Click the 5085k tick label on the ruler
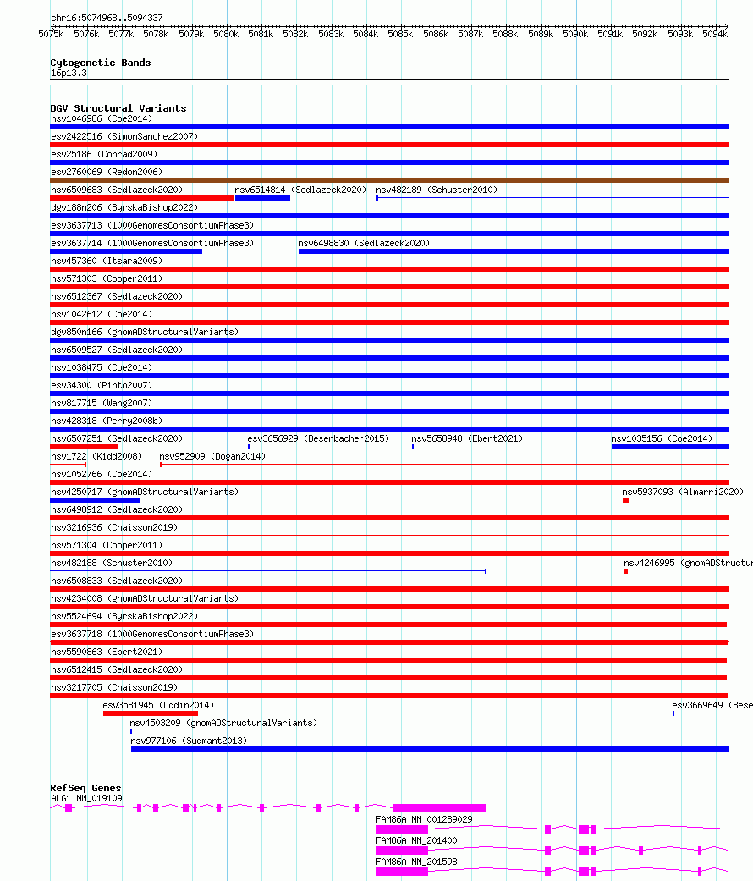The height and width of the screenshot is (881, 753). (x=400, y=34)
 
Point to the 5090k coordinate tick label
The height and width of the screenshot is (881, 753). (x=575, y=34)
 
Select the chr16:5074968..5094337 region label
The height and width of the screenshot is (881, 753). (x=107, y=18)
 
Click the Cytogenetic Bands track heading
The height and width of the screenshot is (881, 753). (x=100, y=63)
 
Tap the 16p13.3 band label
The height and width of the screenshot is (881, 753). (x=69, y=73)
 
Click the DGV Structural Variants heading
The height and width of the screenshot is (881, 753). (x=118, y=108)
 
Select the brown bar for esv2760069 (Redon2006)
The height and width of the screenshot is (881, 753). (x=389, y=180)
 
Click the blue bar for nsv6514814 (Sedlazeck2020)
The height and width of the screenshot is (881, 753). (x=262, y=198)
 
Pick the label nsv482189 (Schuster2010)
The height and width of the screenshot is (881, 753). (x=437, y=190)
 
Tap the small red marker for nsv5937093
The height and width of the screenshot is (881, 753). (x=626, y=500)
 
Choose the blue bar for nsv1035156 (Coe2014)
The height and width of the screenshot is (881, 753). (x=670, y=447)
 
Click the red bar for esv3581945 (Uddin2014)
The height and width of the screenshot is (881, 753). (x=150, y=713)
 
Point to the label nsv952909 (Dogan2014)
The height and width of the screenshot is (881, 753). (x=212, y=456)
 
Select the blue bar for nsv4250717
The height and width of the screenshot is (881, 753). (x=95, y=500)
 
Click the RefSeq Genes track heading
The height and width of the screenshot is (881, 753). (x=85, y=788)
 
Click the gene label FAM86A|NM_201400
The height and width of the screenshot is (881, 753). (x=416, y=840)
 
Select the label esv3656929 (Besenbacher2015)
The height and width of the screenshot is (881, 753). (x=318, y=438)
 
